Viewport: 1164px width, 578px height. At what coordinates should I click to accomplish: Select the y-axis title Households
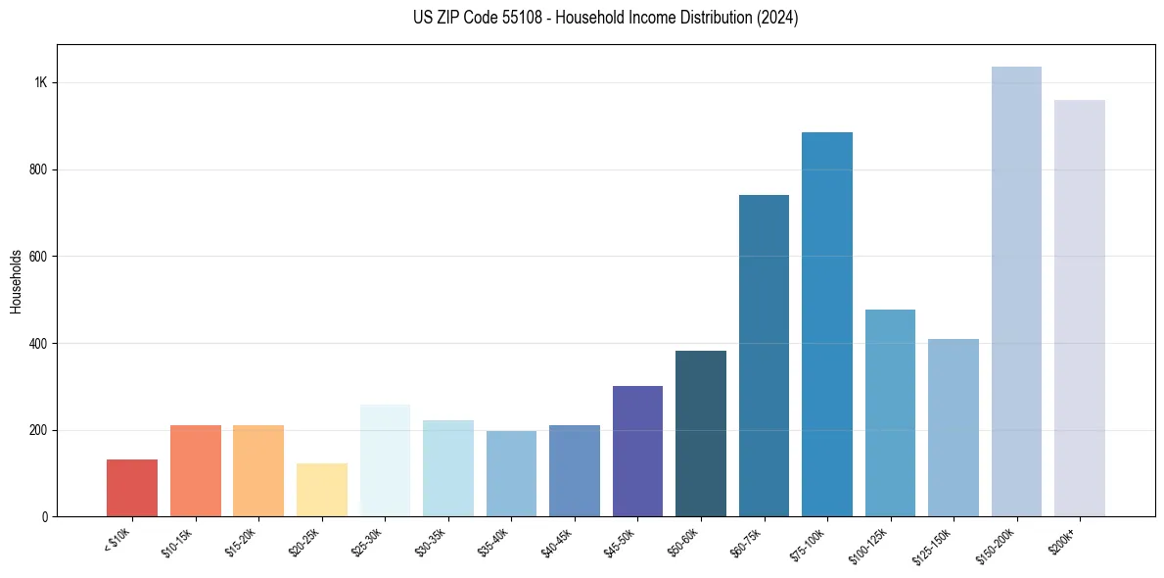[x=17, y=280]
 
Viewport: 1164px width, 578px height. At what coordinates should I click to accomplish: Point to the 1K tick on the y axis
[x=40, y=82]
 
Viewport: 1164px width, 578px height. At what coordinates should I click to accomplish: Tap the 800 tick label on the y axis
[x=38, y=169]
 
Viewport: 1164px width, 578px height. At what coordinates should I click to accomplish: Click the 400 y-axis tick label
[x=38, y=344]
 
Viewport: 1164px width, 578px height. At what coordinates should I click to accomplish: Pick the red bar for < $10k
[x=132, y=488]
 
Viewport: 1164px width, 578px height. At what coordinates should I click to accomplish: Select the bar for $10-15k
[x=195, y=470]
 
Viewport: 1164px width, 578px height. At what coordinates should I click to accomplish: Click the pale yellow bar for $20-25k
[x=322, y=490]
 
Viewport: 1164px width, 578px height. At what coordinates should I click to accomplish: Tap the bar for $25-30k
[x=385, y=460]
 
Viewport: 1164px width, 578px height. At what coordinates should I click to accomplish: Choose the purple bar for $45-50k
[x=637, y=451]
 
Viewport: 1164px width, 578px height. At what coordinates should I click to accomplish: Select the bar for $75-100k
[x=826, y=324]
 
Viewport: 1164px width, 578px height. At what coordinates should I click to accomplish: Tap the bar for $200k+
[x=1079, y=308]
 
